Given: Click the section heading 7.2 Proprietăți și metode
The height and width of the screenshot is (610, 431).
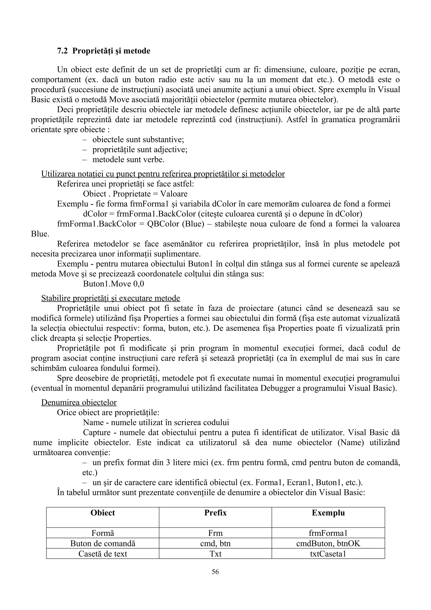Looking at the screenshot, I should [x=104, y=51].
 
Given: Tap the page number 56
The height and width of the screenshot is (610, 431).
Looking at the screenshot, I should [x=215, y=572].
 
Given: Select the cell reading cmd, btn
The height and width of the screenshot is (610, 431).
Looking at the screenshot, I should [x=215, y=543].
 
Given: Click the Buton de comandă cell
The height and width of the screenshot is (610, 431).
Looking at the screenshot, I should [x=102, y=543].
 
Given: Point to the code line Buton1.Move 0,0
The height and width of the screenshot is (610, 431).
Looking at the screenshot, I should [x=113, y=284].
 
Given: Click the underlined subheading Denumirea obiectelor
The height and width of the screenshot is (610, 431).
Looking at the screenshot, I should [x=79, y=402].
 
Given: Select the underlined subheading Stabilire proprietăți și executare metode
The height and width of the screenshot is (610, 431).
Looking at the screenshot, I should [x=110, y=298].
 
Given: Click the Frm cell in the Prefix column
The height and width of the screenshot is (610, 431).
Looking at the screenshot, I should [x=215, y=533].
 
